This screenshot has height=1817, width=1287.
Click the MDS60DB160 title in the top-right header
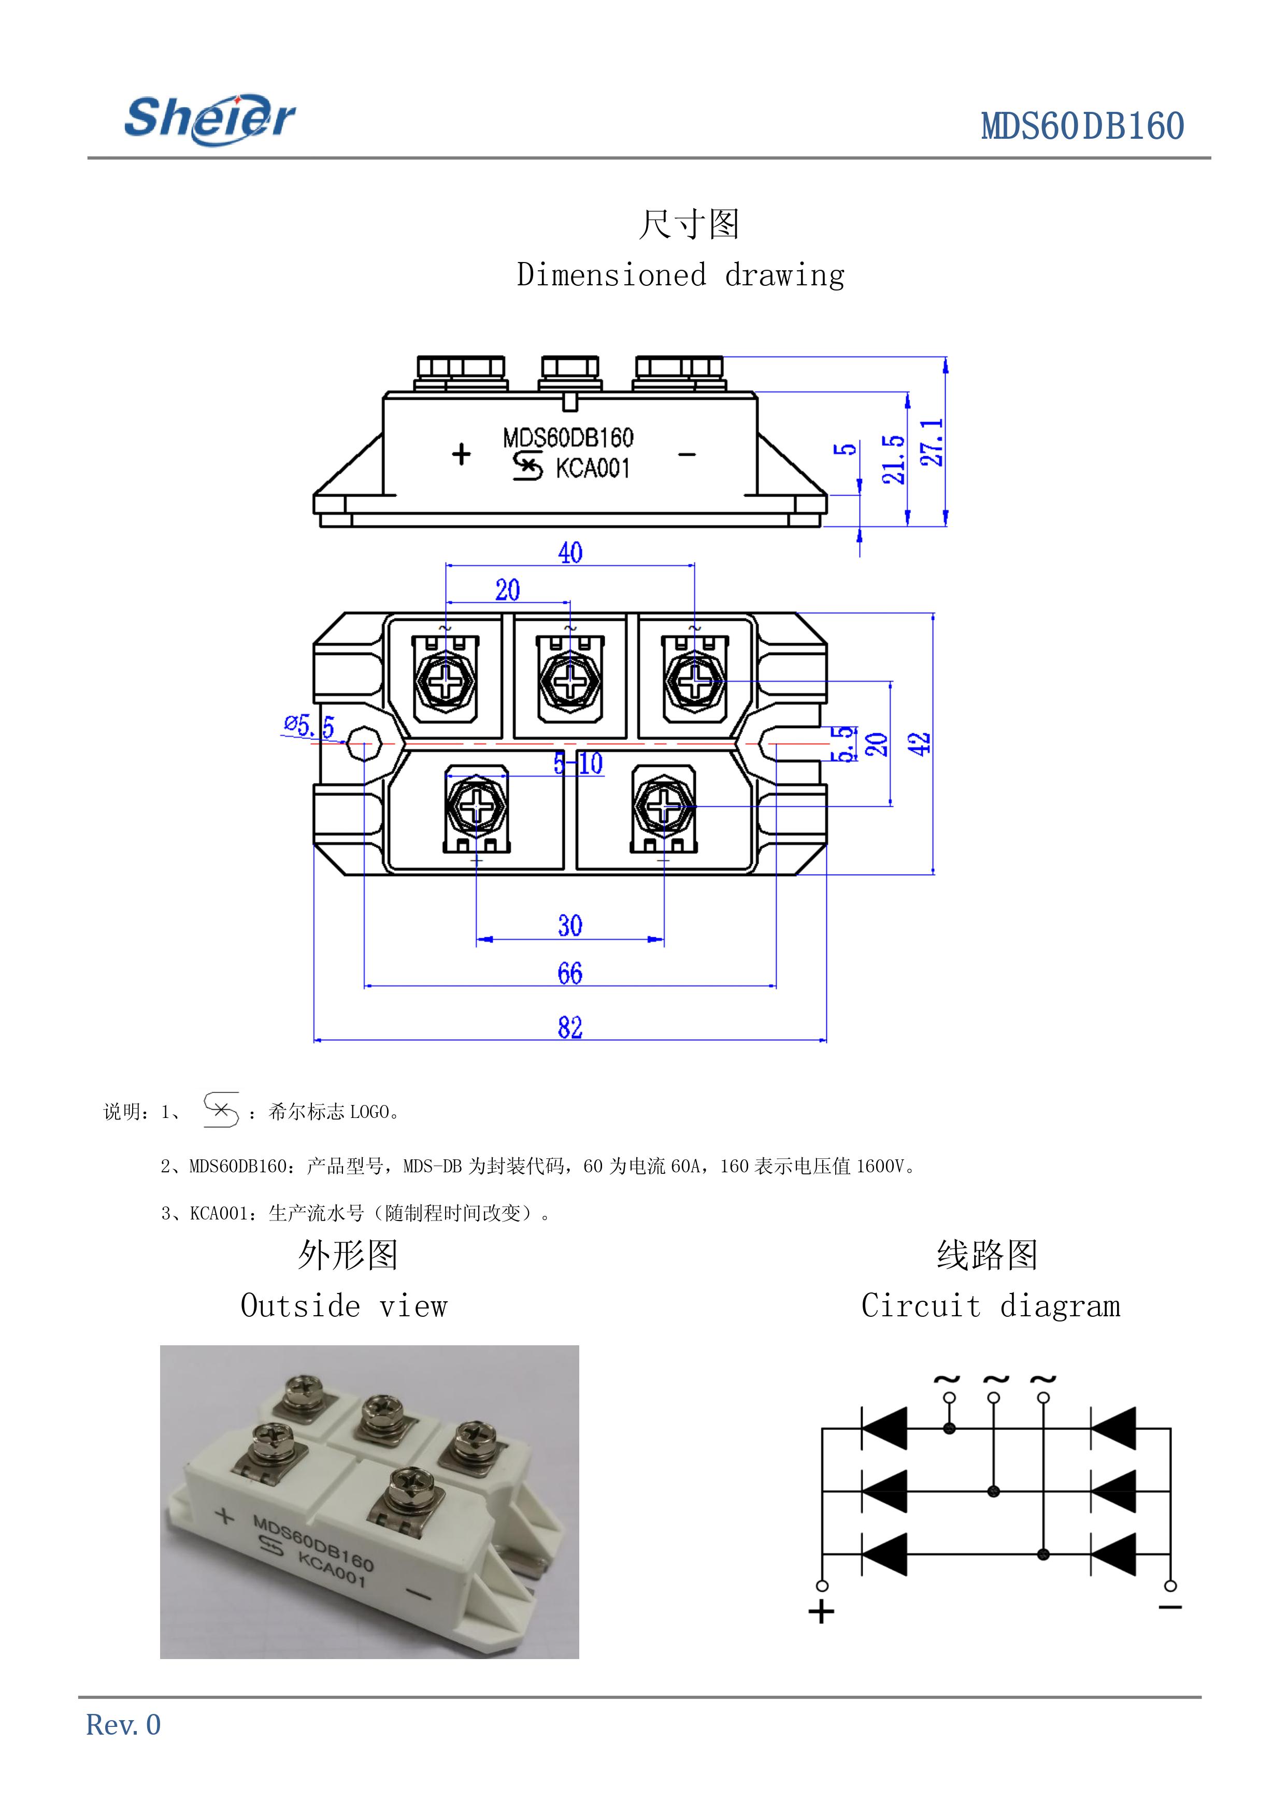click(1082, 127)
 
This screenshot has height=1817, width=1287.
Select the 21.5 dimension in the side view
click(893, 459)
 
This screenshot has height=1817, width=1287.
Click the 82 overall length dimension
click(570, 1027)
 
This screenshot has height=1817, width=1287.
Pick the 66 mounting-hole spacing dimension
click(570, 973)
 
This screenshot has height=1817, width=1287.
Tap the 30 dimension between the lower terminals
click(570, 926)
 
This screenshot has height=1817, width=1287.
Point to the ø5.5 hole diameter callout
click(310, 725)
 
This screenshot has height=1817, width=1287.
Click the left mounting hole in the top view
click(364, 744)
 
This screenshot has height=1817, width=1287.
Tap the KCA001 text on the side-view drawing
click(592, 469)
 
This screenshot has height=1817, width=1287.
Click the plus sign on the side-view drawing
click(461, 455)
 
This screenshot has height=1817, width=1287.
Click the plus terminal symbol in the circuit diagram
click(822, 1612)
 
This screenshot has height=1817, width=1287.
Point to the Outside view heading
click(344, 1306)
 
